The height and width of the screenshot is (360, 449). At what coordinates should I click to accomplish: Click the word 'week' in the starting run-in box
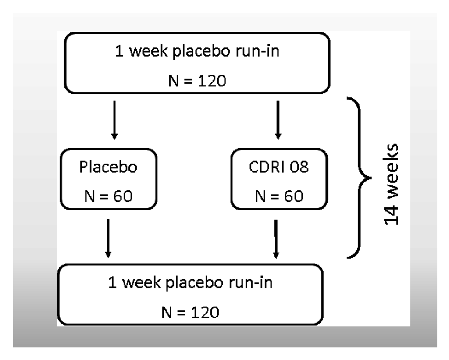[x=145, y=53]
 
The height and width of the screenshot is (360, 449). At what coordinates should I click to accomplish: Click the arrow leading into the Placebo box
[x=114, y=120]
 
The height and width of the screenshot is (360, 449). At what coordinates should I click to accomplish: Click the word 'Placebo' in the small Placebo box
[x=108, y=169]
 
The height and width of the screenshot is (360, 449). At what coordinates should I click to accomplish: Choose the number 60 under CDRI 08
[x=290, y=196]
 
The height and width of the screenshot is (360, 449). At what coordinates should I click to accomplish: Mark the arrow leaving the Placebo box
[x=108, y=239]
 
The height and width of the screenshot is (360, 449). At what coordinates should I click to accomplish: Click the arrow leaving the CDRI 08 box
[x=276, y=239]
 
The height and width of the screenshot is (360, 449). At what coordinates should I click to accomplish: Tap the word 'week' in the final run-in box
[x=139, y=283]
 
